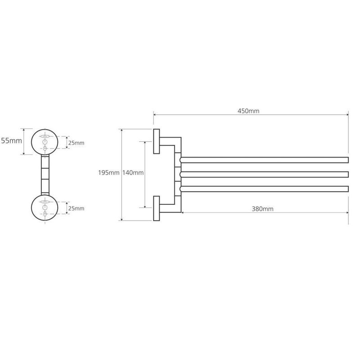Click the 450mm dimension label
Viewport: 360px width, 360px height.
248,111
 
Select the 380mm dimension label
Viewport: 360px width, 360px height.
262,209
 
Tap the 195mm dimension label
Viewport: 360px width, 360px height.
108,173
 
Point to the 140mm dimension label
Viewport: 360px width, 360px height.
133,173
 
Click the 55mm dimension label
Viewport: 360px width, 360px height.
12,141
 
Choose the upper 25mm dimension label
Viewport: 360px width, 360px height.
76,143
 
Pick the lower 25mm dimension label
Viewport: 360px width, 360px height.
76,208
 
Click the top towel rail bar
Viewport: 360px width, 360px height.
264,160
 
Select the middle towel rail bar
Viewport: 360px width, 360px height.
264,175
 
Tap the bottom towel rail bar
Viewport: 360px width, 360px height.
264,189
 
